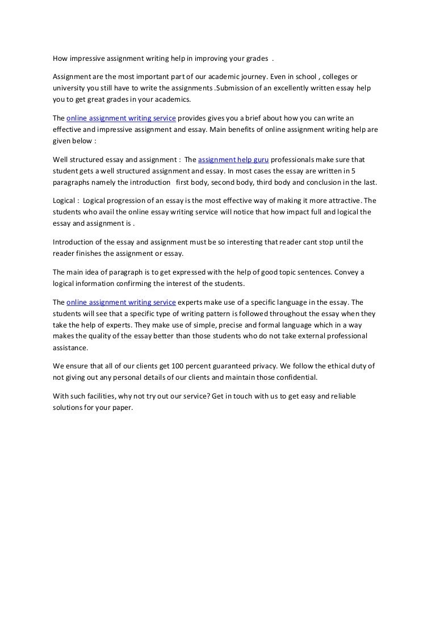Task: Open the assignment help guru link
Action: (x=233, y=159)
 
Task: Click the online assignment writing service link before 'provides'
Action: (x=121, y=118)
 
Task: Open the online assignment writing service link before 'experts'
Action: (x=121, y=302)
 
